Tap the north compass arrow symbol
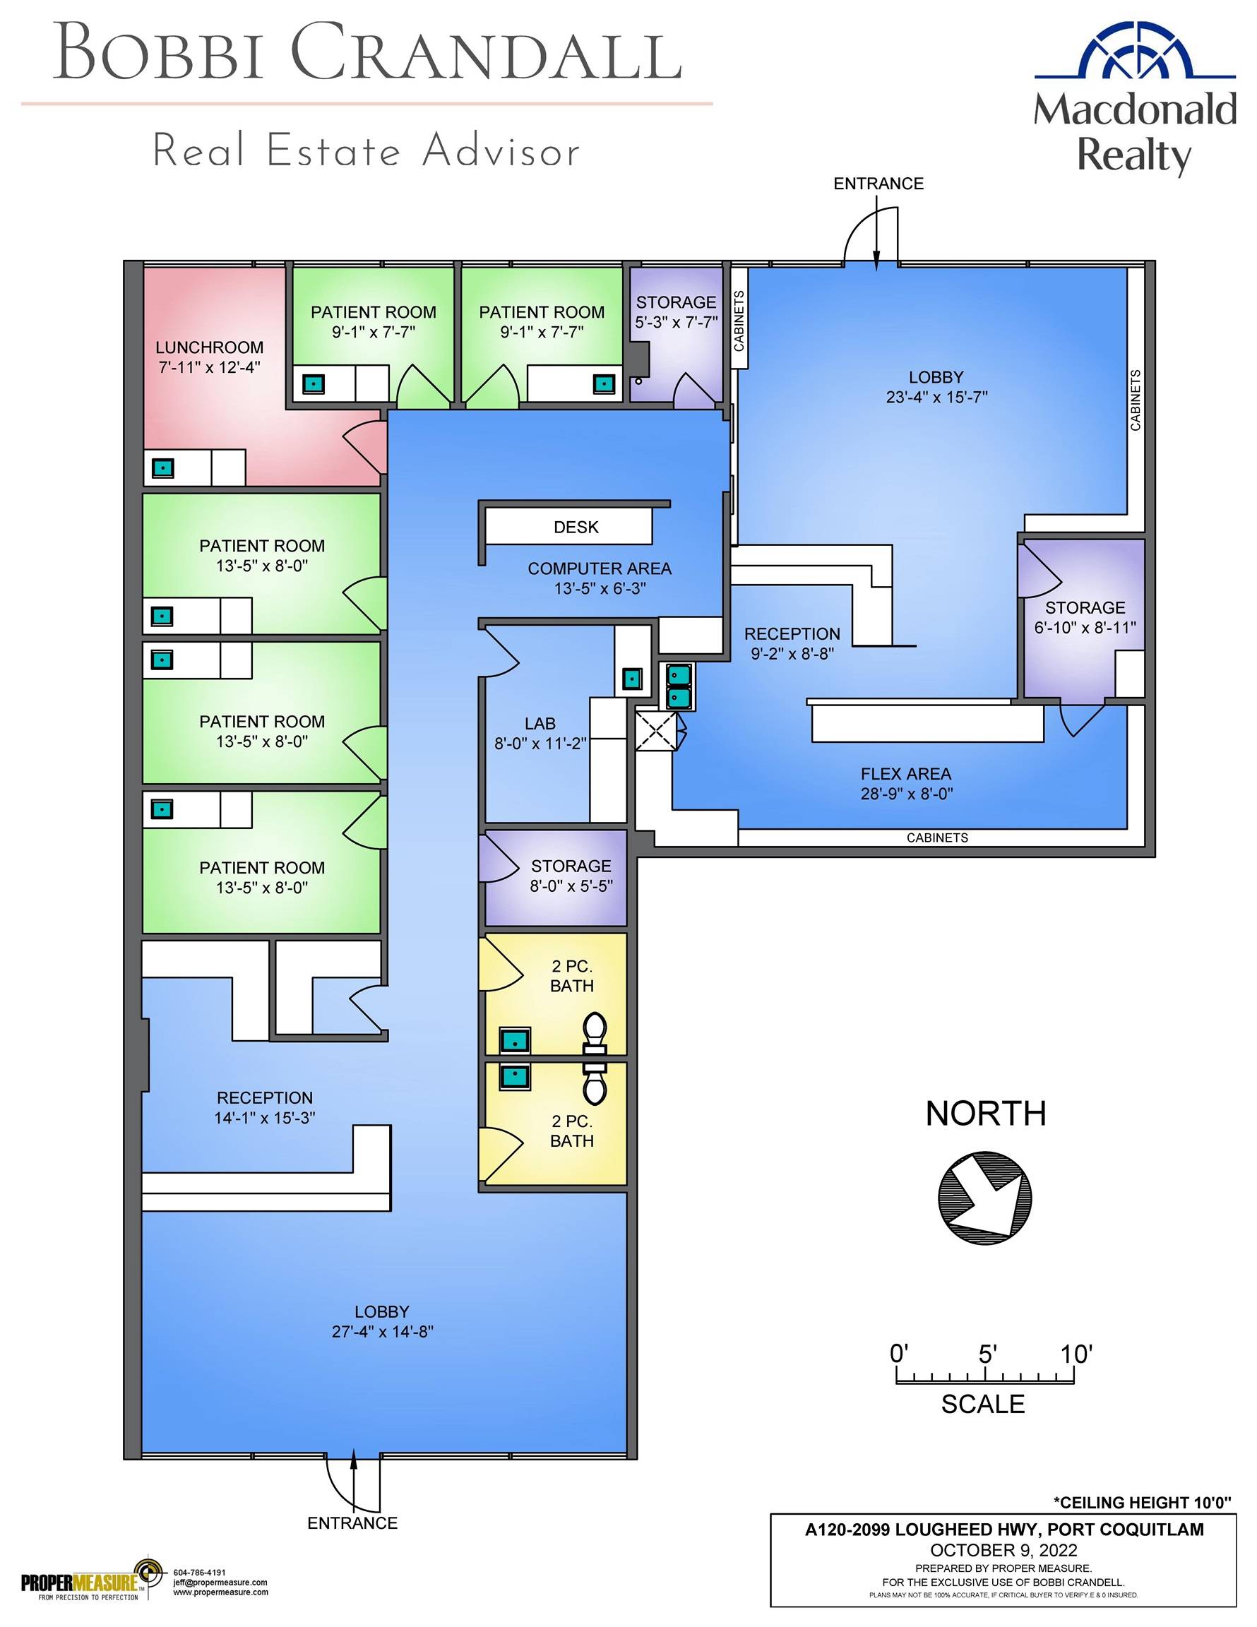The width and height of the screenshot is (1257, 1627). coord(985,1196)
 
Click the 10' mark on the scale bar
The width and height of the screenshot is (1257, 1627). coord(1077,1354)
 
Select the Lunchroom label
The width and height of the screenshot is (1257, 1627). coord(209,347)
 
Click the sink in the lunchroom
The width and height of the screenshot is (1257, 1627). coord(163,469)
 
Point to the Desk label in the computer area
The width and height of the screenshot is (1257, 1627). coord(576,527)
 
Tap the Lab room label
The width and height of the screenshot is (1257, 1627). coord(540,723)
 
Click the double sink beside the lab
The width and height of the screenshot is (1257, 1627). coord(679,686)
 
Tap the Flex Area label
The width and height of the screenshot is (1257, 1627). coord(906,774)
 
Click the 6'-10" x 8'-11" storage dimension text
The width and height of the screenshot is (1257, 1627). coord(1085,627)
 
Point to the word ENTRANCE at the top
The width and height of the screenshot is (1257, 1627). coord(878,184)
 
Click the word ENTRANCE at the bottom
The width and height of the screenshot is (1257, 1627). coord(352,1522)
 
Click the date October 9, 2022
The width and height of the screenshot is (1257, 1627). coord(1003,1550)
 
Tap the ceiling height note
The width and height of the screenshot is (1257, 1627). coord(1143,1502)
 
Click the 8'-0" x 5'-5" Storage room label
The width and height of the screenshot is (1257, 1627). coord(571,876)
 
